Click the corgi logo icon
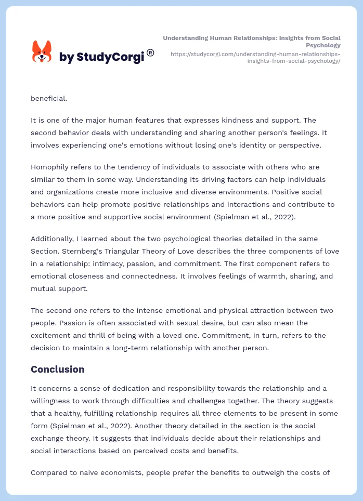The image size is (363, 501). pos(42,52)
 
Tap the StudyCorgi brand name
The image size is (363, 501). pos(101,57)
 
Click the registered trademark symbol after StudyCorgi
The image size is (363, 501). pos(150,52)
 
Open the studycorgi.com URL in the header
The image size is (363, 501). pos(255,57)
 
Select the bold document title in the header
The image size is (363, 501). pos(252,42)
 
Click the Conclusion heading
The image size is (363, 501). pos(57,370)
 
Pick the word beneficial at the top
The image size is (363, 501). pos(48,98)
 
